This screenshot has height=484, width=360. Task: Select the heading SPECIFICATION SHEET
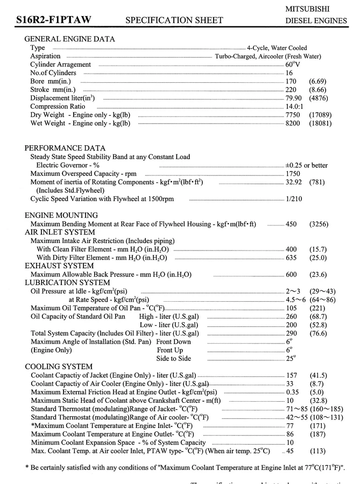click(x=174, y=21)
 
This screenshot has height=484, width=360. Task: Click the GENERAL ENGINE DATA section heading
click(x=69, y=39)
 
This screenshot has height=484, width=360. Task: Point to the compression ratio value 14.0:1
click(x=295, y=106)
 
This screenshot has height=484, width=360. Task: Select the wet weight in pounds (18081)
click(x=320, y=123)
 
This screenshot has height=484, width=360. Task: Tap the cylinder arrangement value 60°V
click(x=292, y=65)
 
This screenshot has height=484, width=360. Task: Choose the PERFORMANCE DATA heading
click(x=65, y=148)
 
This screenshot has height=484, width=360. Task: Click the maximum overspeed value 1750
click(x=292, y=174)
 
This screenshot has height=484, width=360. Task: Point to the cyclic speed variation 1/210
click(x=293, y=199)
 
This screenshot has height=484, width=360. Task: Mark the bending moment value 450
click(x=291, y=224)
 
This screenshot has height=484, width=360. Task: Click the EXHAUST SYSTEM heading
click(x=59, y=266)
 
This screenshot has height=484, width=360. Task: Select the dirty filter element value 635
click(x=291, y=258)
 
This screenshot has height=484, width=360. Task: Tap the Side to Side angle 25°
click(x=291, y=359)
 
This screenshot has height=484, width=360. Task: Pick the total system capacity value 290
click(x=291, y=333)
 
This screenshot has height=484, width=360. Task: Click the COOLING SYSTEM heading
click(x=59, y=367)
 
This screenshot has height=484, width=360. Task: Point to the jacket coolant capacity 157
click(x=291, y=375)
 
